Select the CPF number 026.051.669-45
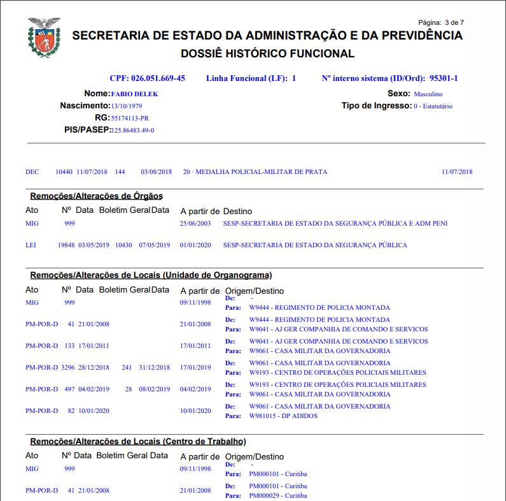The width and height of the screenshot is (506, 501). [x=158, y=78]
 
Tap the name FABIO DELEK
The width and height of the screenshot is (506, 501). [x=134, y=94]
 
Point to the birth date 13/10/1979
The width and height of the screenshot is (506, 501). [x=127, y=106]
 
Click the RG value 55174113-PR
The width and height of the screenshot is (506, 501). [x=130, y=118]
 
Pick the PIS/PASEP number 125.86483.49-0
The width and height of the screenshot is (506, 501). [x=132, y=130]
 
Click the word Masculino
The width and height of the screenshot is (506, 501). [x=428, y=94]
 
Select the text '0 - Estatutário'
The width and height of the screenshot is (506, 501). [x=433, y=106]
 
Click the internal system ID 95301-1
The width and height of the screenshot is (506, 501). [x=444, y=78]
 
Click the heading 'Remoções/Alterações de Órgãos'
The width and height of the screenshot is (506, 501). [x=96, y=196]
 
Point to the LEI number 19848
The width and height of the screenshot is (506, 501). [x=66, y=245]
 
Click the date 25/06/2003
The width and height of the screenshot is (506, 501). [x=195, y=224]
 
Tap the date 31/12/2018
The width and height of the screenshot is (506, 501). [x=155, y=368]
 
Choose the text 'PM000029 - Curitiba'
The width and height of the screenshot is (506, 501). [x=278, y=495]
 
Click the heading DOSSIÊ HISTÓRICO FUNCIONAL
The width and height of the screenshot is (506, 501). [x=267, y=54]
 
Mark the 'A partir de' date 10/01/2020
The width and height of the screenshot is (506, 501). [x=195, y=411]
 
